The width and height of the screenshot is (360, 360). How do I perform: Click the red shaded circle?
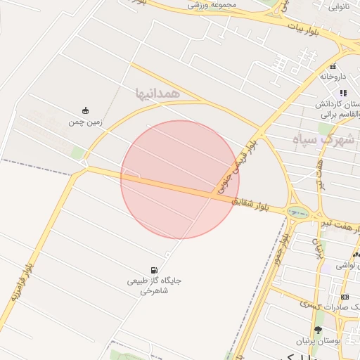[180, 179]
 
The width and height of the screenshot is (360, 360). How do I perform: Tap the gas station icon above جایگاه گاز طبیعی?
[154, 270]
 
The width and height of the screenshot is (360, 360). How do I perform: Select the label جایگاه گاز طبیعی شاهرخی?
[154, 285]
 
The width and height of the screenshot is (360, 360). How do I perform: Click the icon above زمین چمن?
[85, 110]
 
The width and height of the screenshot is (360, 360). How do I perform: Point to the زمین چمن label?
[85, 122]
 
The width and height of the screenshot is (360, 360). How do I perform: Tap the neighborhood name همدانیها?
[158, 92]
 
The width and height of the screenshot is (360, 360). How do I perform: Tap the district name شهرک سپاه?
[330, 139]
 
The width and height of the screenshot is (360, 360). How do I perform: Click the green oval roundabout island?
[298, 211]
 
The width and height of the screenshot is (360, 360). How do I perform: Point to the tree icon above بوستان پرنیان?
[318, 330]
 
